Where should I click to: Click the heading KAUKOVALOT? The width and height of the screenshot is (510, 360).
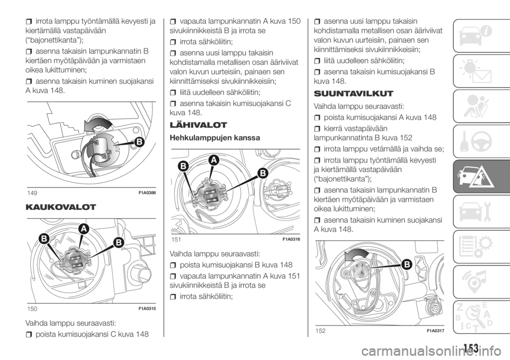tap(61, 207)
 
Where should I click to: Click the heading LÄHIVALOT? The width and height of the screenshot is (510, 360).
tap(198, 125)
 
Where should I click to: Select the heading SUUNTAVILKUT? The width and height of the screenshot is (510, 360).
tap(354, 93)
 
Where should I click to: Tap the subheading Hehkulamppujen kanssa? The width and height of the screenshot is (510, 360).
tap(215, 138)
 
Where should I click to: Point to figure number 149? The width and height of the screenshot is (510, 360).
tap(32, 193)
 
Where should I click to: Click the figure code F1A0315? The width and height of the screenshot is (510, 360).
tap(147, 308)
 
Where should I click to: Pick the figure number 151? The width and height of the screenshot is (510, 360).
tap(176, 239)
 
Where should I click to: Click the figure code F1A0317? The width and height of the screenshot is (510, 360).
tap(435, 331)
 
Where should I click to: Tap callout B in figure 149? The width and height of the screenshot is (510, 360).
tap(139, 142)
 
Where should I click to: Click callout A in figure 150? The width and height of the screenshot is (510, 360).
tap(83, 229)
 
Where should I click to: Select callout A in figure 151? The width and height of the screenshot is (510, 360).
tap(214, 160)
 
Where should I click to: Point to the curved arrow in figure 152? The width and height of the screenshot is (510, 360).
tap(357, 253)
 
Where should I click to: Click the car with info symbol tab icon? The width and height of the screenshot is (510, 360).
tap(475, 36)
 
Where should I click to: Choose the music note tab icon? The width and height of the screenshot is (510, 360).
tap(475, 281)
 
